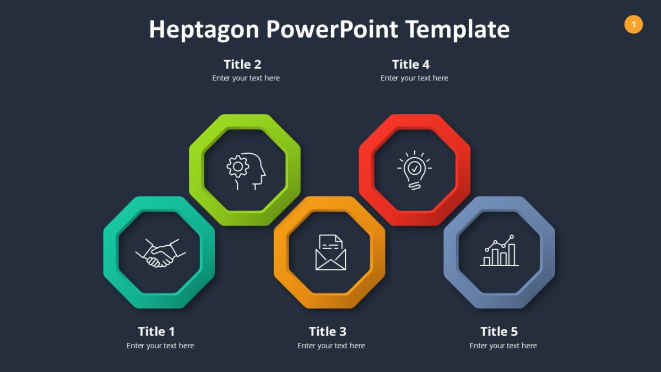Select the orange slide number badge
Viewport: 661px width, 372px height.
[633, 24]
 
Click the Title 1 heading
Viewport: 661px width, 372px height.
[156, 331]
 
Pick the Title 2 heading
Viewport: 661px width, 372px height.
[242, 64]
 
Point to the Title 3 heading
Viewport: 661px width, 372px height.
[328, 331]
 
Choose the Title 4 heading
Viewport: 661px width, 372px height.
[411, 64]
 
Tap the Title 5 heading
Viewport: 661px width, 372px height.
[499, 331]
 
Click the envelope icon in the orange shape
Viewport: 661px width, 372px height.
[330, 253]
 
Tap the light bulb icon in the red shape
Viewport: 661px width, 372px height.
[414, 170]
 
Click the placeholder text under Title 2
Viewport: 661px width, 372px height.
[246, 78]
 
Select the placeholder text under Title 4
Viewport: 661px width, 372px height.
[414, 78]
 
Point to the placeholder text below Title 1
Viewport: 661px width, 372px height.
[160, 346]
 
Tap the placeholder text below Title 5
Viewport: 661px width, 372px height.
[503, 346]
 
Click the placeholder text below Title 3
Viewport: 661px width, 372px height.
[331, 346]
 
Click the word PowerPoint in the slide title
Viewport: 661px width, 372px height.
[332, 30]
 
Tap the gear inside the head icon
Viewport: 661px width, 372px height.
[238, 166]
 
